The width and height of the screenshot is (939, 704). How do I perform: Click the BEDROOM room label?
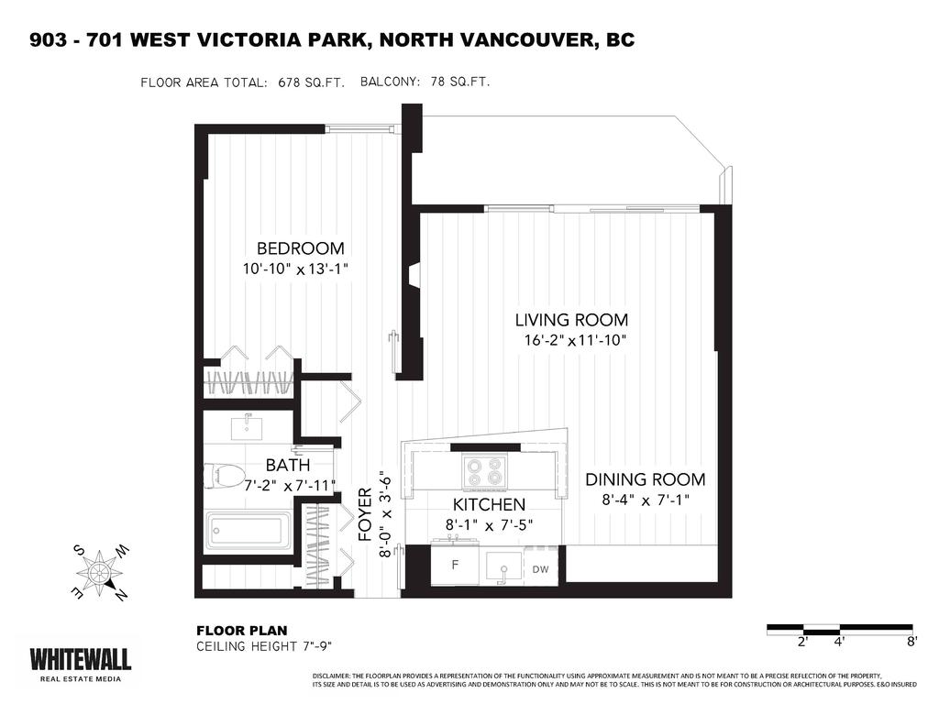pos(300,248)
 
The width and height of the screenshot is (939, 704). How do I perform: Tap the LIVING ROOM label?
pos(570,320)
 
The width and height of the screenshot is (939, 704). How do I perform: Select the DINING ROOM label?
pos(645,479)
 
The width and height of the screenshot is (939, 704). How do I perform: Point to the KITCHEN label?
pos(489,505)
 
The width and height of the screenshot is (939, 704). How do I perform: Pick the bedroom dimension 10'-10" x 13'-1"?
pos(296,269)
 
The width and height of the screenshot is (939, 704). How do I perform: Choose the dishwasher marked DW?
pos(540,569)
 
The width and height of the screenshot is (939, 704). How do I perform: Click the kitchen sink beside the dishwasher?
pos(503,566)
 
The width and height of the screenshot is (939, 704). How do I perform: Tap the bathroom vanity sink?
pos(248,425)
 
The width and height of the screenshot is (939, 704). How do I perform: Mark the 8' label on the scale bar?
pos(911,643)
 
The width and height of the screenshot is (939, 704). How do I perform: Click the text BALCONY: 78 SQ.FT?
pos(425,82)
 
